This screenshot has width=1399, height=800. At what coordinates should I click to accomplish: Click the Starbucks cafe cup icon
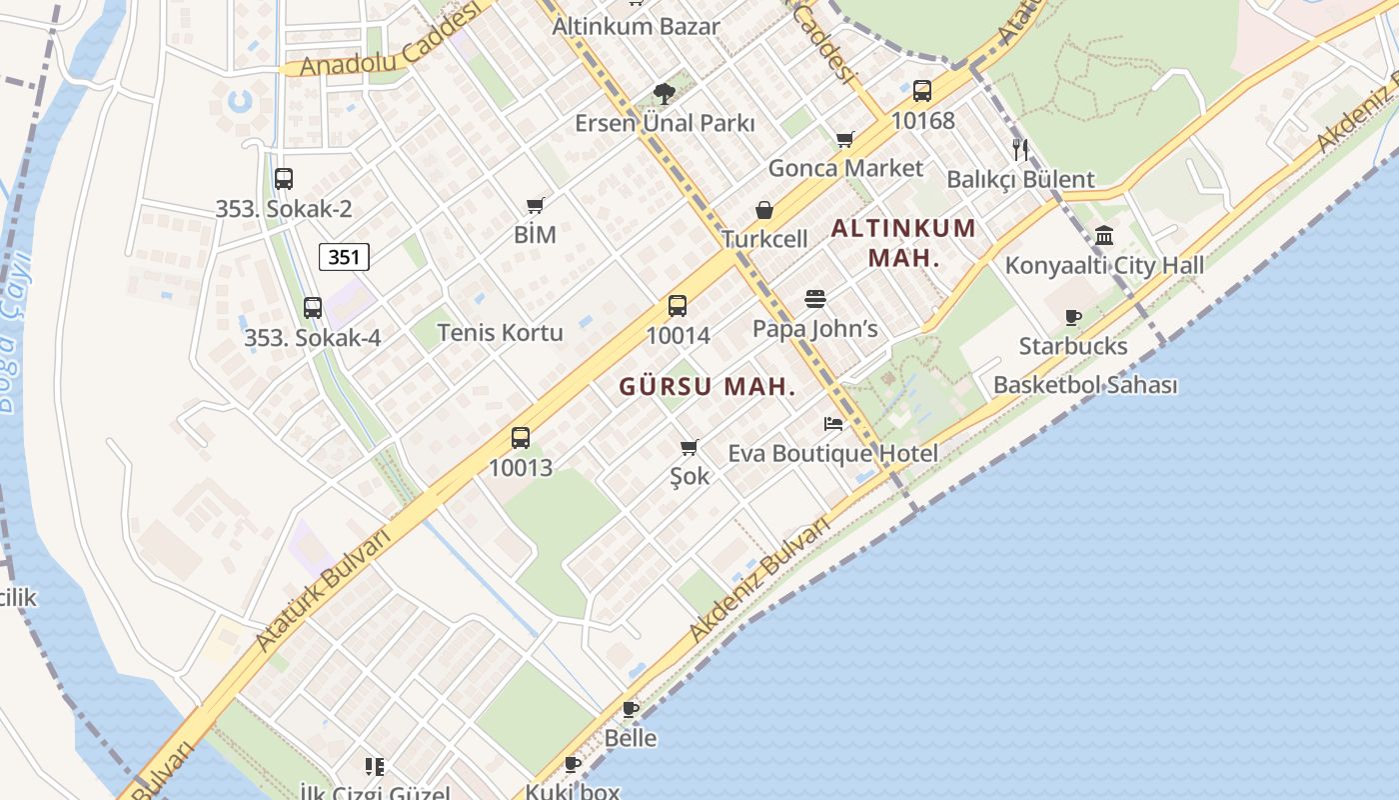pos(1073,318)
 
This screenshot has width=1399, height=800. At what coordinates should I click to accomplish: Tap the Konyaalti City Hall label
pos(1103,266)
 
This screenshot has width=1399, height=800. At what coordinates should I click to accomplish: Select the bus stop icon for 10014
pos(678,306)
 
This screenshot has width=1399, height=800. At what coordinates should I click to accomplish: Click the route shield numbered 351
pos(344,257)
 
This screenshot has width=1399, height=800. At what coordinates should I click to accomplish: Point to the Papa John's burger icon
pos(815,299)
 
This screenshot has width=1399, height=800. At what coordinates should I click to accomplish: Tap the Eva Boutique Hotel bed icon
pos(833,424)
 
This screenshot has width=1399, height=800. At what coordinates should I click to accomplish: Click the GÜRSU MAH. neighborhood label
pos(706,387)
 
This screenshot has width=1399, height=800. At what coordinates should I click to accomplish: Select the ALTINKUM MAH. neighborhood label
pos(903,242)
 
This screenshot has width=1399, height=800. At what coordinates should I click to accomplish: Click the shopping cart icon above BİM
pos(535,206)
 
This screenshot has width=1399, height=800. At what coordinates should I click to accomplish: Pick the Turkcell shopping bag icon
pos(764,210)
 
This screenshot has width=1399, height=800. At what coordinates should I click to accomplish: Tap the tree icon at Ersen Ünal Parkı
pos(663,94)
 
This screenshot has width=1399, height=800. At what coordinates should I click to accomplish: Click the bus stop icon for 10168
pos(922,91)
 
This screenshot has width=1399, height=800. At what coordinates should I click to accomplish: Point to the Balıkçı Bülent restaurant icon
pos(1019,150)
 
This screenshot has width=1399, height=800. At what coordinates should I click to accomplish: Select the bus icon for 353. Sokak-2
pos(284,179)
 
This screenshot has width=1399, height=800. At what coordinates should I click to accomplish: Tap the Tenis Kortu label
pos(500,332)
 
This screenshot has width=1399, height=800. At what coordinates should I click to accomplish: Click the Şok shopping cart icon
pos(689,447)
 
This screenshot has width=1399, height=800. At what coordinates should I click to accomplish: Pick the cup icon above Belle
pos(631,709)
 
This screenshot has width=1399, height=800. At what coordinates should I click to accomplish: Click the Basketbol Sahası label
pos(1084,385)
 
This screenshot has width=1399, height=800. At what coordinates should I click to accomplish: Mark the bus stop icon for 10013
pos(521,437)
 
